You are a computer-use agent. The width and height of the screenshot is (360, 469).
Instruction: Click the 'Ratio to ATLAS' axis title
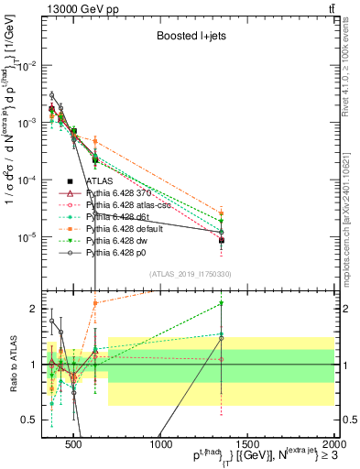(x=13, y=365)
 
